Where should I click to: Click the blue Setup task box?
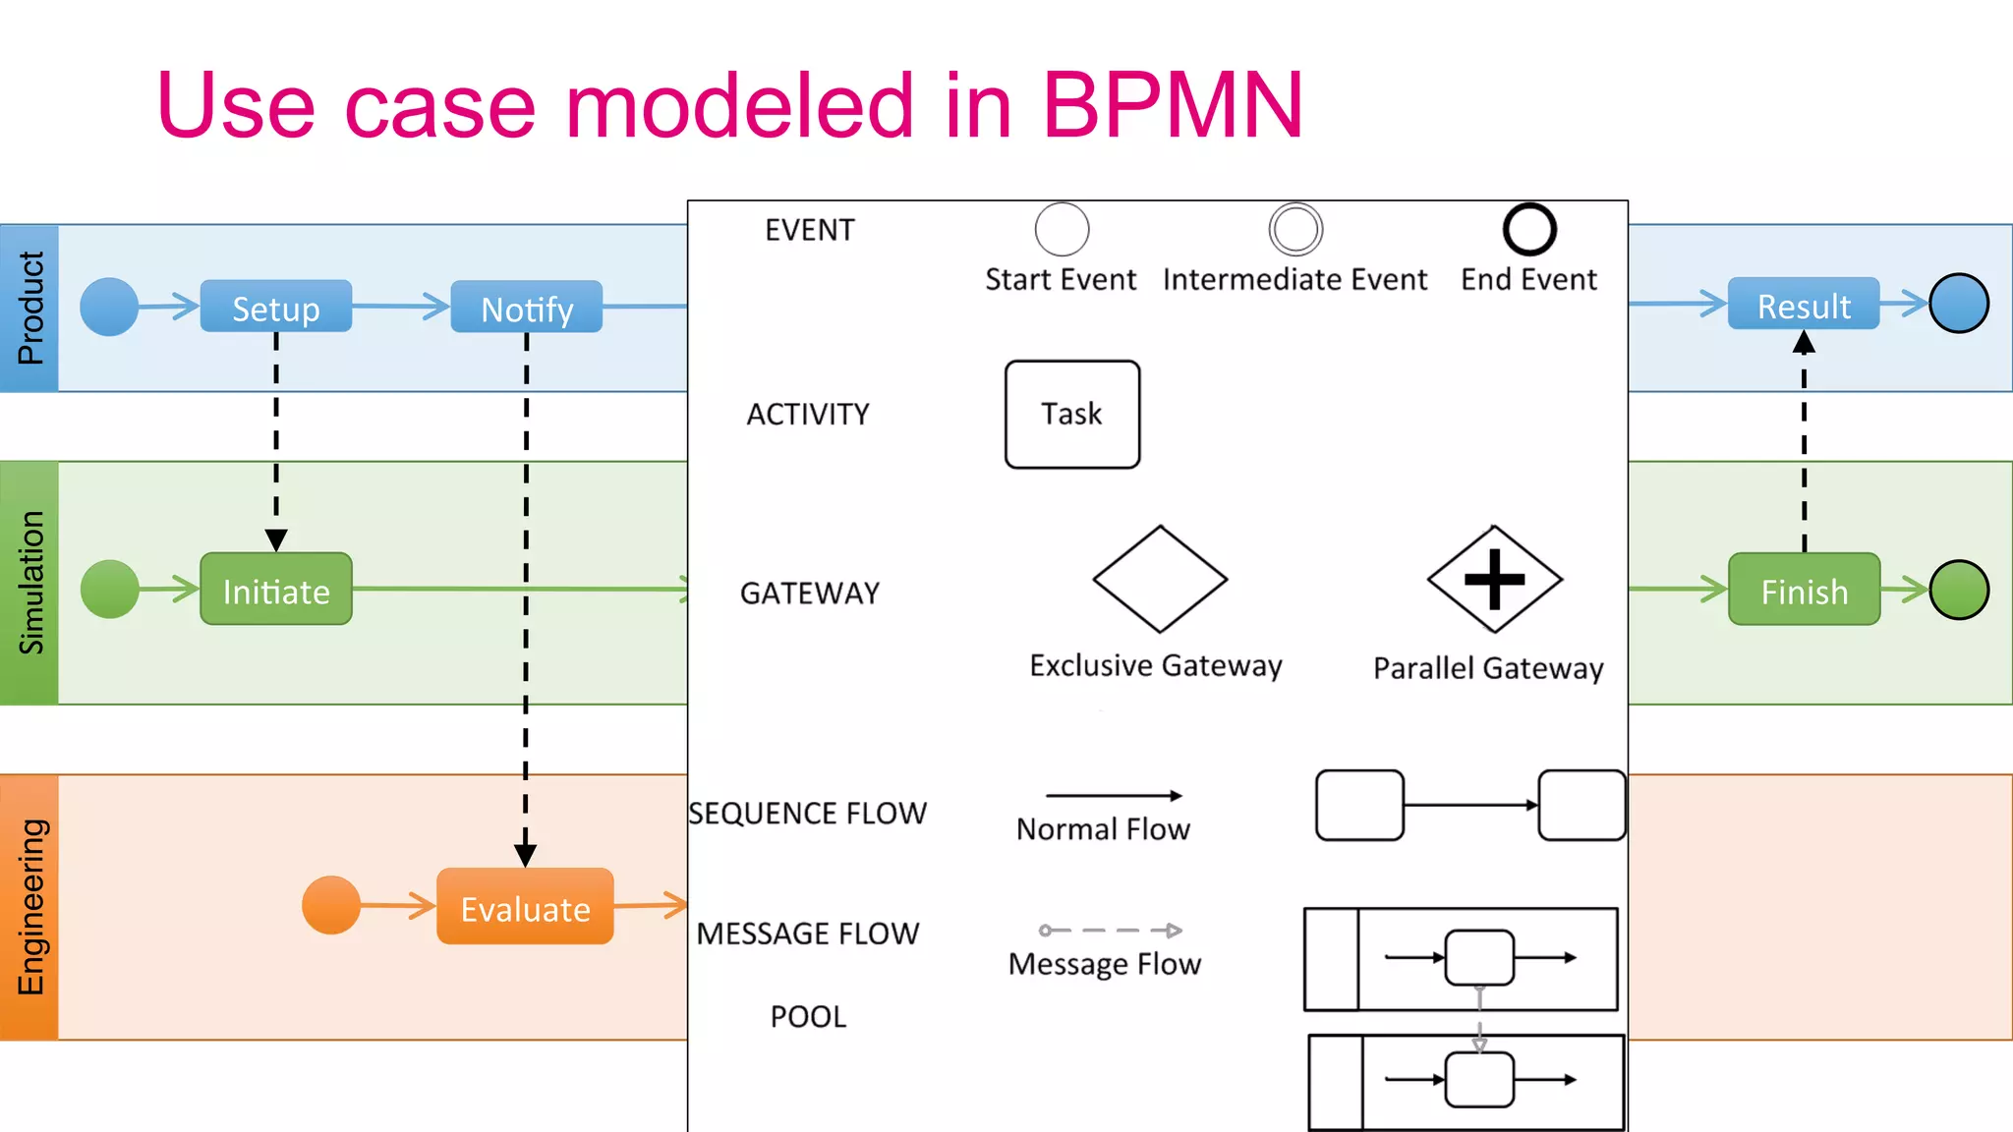[x=275, y=307]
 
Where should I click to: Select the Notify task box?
[x=526, y=308]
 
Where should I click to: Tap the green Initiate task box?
[x=275, y=590]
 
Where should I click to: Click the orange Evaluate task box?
[x=525, y=907]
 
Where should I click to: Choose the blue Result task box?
[x=1803, y=305]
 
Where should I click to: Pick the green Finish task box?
[x=1804, y=590]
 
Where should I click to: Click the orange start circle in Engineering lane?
[x=331, y=905]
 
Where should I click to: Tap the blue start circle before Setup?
[x=109, y=307]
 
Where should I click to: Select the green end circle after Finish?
[x=1958, y=590]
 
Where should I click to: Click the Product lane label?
[x=29, y=308]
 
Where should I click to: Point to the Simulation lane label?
[x=29, y=583]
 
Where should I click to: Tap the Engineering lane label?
[x=29, y=907]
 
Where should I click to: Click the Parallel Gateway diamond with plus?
[x=1494, y=579]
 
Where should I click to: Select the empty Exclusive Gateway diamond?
[x=1160, y=579]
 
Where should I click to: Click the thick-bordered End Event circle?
[x=1529, y=230]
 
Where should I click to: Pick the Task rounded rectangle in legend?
[x=1071, y=414]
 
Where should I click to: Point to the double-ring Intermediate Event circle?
[x=1295, y=230]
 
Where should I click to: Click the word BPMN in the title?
[x=1172, y=105]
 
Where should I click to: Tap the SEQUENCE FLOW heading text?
[x=807, y=813]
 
